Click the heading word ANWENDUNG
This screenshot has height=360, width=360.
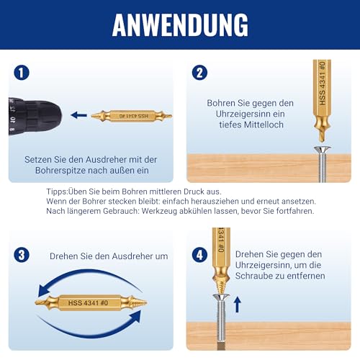click(180, 25)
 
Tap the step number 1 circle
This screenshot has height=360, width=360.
click(22, 73)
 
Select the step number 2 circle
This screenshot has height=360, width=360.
click(200, 73)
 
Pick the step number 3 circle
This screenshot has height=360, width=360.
click(22, 255)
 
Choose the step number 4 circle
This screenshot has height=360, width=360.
click(200, 255)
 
